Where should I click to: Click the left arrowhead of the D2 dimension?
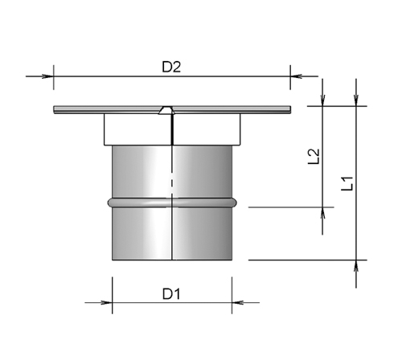[47, 77]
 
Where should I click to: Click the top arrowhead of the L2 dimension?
[322, 100]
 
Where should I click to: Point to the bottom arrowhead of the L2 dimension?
[322, 213]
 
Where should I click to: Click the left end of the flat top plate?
[55, 110]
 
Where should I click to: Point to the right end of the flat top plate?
[287, 110]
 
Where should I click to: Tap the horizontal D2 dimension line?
[113, 77]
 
